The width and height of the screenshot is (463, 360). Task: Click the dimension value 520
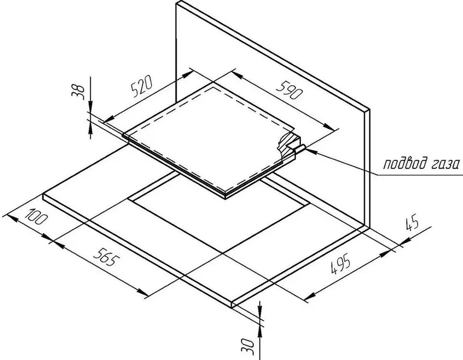pyautogui.click(x=142, y=86)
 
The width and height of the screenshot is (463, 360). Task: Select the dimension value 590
pyautogui.click(x=290, y=91)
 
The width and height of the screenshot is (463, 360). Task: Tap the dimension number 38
pyautogui.click(x=78, y=91)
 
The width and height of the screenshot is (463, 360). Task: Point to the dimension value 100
pyautogui.click(x=36, y=216)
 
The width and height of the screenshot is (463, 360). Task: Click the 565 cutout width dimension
pyautogui.click(x=107, y=256)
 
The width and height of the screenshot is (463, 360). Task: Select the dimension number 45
pyautogui.click(x=413, y=223)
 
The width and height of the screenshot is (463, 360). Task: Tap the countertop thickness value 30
pyautogui.click(x=247, y=346)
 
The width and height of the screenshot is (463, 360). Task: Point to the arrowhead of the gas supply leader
pyautogui.click(x=310, y=151)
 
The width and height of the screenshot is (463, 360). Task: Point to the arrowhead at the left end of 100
pyautogui.click(x=9, y=218)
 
